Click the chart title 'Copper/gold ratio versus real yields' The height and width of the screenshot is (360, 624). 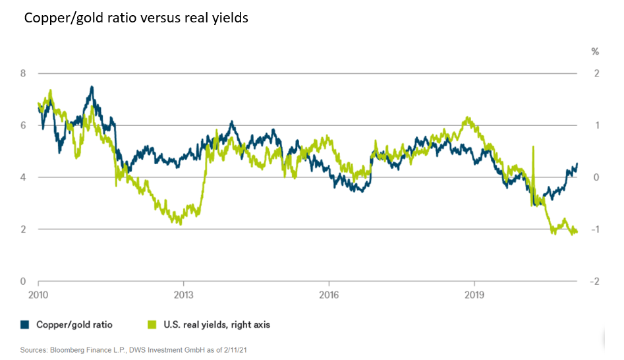pos(136,18)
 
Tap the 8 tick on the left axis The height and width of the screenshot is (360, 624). pos(23,73)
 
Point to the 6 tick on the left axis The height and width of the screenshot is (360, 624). pos(23,125)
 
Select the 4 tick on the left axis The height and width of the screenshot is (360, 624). pos(23,177)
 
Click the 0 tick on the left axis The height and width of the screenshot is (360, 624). pos(23,282)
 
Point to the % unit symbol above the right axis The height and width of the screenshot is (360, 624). pos(595,51)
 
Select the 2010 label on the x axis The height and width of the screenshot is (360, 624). pos(38,295)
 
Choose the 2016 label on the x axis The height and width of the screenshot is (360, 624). pos(328,295)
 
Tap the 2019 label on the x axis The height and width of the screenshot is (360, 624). pos(474,295)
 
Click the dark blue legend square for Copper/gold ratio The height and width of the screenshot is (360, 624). pos(25,324)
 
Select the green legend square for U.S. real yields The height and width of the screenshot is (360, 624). pos(152,324)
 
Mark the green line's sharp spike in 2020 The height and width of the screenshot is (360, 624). pos(532,147)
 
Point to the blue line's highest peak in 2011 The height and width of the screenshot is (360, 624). pos(92,86)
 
